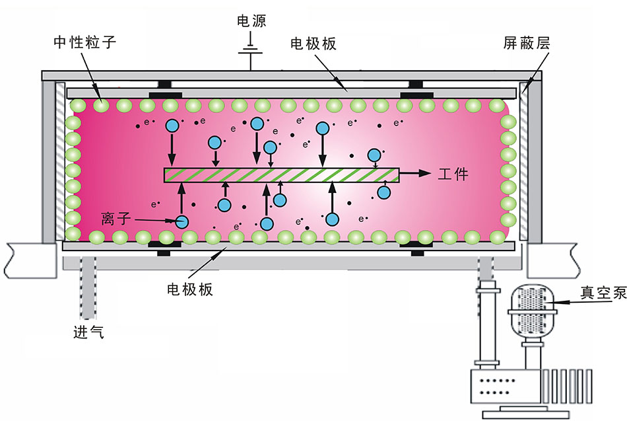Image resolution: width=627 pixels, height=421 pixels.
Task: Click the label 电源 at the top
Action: (x=251, y=21)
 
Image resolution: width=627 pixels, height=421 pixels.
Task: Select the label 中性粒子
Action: (x=84, y=44)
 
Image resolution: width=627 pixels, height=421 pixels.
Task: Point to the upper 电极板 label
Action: (x=313, y=44)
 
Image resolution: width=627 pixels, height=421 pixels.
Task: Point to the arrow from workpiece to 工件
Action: (x=415, y=174)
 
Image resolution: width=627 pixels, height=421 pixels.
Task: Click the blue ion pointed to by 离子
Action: (x=181, y=223)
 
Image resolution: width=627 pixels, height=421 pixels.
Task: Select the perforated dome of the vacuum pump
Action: (x=532, y=308)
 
